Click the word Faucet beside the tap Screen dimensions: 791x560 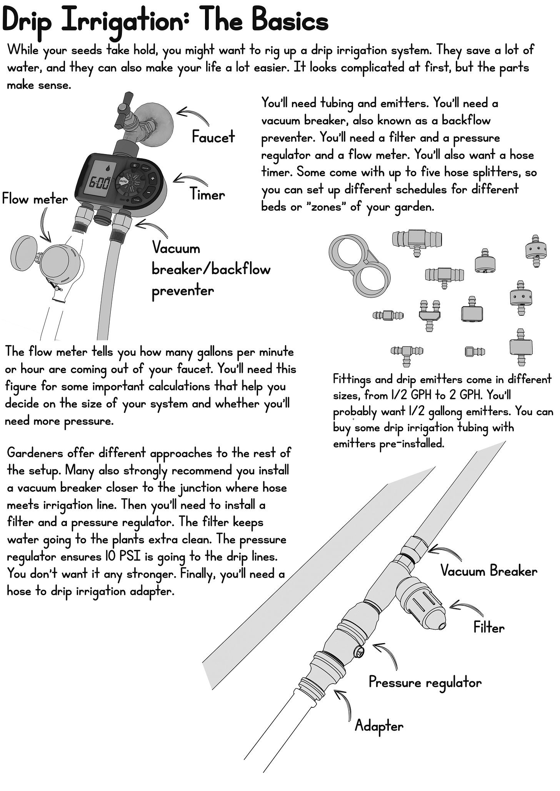pos(213,137)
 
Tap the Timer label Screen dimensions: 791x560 pos(207,195)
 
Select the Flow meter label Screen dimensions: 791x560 pos(35,199)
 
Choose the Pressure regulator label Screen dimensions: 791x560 pos(425,682)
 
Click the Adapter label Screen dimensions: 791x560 pos(379,726)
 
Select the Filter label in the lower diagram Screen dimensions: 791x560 pos(489,628)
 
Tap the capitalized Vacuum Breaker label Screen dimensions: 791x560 pos(488,571)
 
